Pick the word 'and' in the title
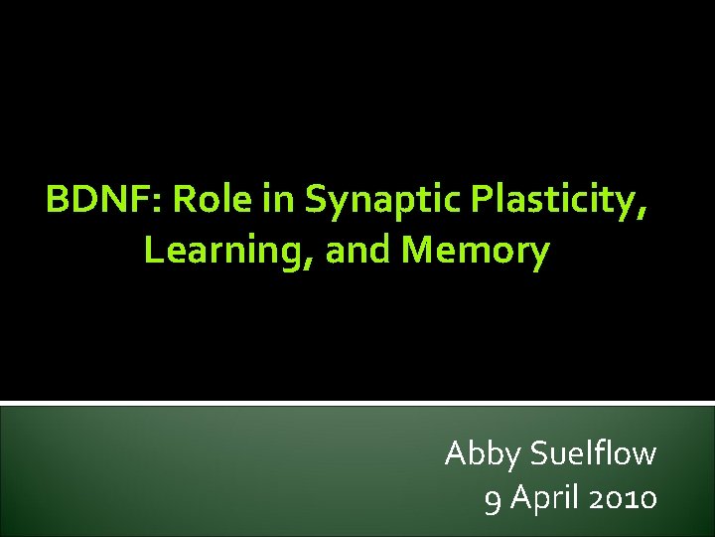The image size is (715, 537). click(359, 251)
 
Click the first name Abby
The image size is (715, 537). click(484, 455)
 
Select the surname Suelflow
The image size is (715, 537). click(594, 453)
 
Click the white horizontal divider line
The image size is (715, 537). click(357, 403)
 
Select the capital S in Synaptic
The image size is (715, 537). click(315, 201)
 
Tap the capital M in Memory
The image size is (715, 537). click(419, 251)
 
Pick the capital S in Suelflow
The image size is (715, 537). click(541, 453)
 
